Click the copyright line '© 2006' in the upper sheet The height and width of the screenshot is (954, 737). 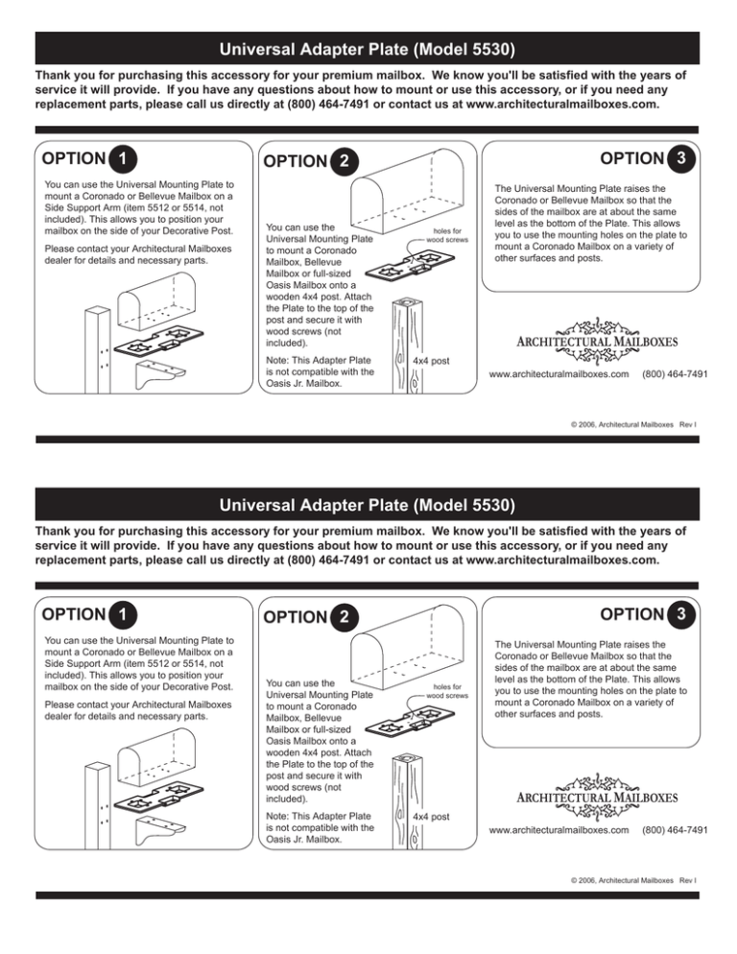click(623, 420)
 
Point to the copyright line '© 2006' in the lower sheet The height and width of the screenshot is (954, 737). click(623, 877)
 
